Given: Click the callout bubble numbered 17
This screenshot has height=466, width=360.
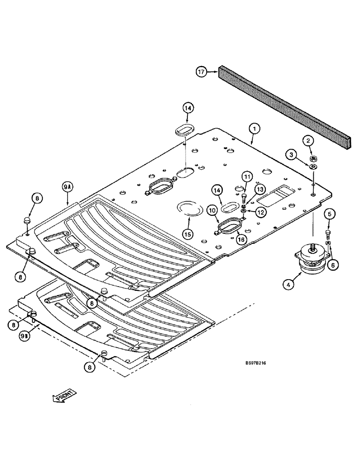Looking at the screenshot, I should (x=201, y=72).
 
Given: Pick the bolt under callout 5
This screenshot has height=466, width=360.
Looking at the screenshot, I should (x=328, y=233).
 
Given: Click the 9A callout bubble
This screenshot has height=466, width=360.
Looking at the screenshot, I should (x=68, y=188).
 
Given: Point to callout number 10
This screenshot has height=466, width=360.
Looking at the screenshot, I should (x=213, y=211).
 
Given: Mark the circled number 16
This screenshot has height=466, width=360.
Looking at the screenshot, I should (x=241, y=239).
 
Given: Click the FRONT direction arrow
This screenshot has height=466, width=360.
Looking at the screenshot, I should (x=63, y=398).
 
